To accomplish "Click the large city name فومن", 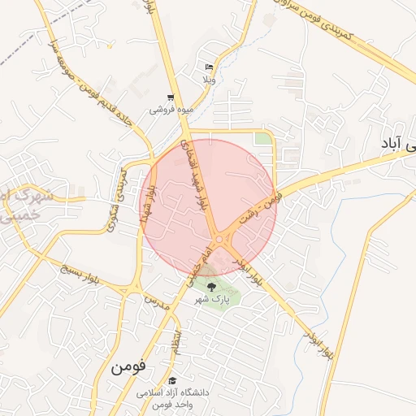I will pos(128,366).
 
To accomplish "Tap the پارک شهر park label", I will pos(212,299).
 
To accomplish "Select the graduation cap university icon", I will pos(172,380).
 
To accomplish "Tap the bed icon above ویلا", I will pos(210,67).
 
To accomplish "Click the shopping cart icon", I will pos(170,97).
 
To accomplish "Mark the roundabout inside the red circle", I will pos(220,239).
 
